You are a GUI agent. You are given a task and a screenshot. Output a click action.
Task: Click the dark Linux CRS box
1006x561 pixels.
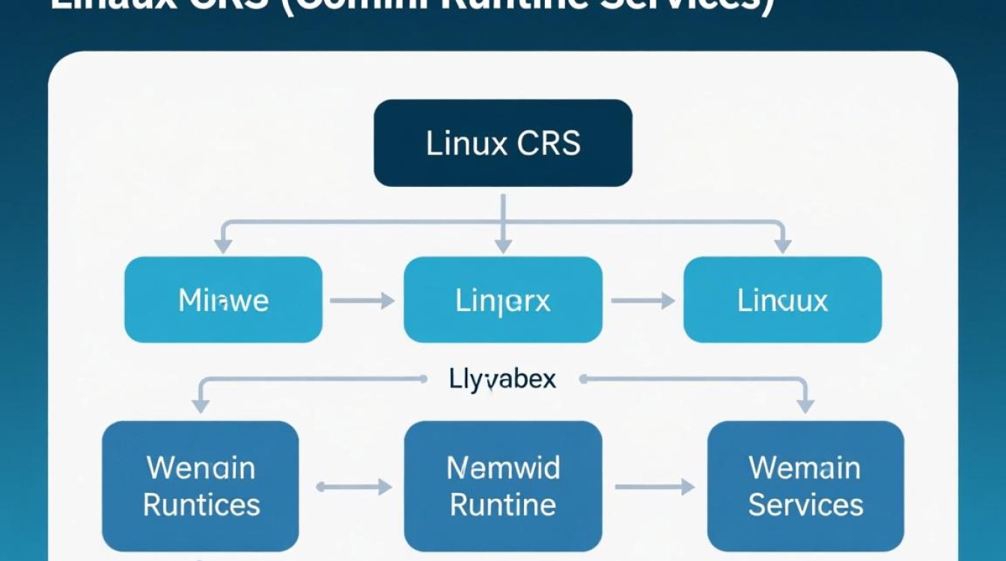pos(503,143)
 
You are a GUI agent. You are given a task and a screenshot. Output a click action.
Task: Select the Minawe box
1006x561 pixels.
pos(223,300)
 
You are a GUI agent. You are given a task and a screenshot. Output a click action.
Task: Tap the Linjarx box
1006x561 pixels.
pos(503,300)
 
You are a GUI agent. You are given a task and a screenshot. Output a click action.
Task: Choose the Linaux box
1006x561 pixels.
pos(782,300)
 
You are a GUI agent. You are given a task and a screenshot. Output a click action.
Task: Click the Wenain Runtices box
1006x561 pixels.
pos(201,485)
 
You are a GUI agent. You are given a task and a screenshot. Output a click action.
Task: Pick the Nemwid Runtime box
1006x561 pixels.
pos(503,485)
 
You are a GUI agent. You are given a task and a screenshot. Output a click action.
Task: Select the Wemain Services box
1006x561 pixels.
pos(805,485)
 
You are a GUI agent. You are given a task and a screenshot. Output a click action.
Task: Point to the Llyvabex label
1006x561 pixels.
pos(503,379)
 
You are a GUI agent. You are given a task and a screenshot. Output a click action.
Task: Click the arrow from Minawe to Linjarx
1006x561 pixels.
pos(362,301)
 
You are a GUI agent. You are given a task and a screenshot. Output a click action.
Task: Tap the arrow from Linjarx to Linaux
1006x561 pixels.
pos(643,301)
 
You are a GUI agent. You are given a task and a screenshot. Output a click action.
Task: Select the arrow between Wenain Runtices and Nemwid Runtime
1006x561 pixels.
pos(354,487)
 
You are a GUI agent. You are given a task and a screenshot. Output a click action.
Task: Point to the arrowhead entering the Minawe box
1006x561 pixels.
pos(222,245)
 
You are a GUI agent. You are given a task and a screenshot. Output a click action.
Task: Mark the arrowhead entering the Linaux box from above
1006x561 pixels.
pos(783,245)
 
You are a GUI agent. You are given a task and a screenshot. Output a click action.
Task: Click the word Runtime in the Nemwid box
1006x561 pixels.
pos(503,504)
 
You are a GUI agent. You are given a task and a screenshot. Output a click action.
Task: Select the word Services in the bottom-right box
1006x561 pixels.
pos(805,504)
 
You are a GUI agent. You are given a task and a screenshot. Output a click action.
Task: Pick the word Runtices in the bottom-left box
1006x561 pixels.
pos(201,504)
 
